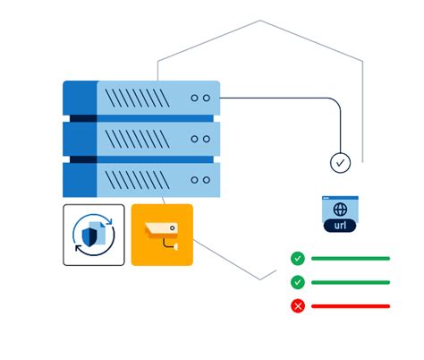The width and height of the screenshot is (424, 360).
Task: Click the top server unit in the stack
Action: click(141, 98)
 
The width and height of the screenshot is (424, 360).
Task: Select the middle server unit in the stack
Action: click(141, 139)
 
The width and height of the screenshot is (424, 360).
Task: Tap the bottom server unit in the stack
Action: click(141, 179)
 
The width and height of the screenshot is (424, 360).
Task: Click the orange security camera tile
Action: click(162, 235)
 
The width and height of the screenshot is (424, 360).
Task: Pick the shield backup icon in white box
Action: click(94, 235)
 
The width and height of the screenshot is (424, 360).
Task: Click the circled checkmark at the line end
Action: click(340, 163)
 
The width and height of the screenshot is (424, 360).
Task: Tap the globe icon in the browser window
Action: click(340, 209)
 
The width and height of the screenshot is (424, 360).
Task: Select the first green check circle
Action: click(298, 259)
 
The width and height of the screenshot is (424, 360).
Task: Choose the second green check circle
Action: click(298, 282)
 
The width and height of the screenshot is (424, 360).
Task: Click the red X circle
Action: click(298, 306)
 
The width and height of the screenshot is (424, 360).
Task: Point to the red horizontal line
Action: click(351, 306)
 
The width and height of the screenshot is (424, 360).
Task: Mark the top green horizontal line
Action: click(351, 259)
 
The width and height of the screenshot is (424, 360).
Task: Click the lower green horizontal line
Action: click(351, 282)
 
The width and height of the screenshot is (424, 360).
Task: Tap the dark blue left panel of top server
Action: click(80, 98)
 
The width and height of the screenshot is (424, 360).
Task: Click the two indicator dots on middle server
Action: click(200, 139)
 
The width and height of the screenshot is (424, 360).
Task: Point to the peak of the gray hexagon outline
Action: click(260, 21)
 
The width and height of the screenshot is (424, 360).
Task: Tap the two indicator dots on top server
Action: click(200, 98)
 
